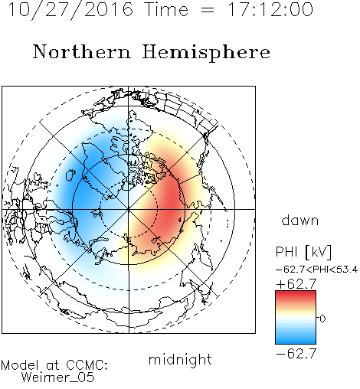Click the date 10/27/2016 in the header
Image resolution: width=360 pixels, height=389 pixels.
pyautogui.click(x=70, y=10)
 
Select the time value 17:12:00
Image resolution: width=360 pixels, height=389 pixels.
pyautogui.click(x=270, y=9)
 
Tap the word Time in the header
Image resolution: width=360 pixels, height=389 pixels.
pyautogui.click(x=166, y=9)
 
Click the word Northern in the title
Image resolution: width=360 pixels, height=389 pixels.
pyautogui.click(x=82, y=51)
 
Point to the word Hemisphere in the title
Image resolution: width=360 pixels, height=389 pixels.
pyautogui.click(x=206, y=53)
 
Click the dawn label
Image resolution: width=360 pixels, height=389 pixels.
pyautogui.click(x=300, y=220)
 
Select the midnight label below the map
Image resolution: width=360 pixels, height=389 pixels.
pyautogui.click(x=180, y=359)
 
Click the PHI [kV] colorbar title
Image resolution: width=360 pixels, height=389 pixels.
pyautogui.click(x=303, y=252)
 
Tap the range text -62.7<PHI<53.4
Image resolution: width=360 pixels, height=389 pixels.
pyautogui.click(x=316, y=270)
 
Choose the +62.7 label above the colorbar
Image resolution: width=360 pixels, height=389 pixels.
pyautogui.click(x=296, y=284)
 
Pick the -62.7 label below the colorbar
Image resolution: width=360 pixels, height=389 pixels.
pyautogui.click(x=296, y=354)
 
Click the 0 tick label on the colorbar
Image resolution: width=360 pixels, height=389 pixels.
pyautogui.click(x=322, y=319)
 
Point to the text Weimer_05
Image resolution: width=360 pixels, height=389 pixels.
pyautogui.click(x=58, y=377)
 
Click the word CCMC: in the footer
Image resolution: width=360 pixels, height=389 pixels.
pyautogui.click(x=87, y=365)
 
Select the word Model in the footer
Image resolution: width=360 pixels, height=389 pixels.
pyautogui.click(x=20, y=365)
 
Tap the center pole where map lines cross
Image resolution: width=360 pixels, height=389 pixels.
pyautogui.click(x=129, y=209)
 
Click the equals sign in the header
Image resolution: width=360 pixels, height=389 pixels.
pyautogui.click(x=208, y=10)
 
